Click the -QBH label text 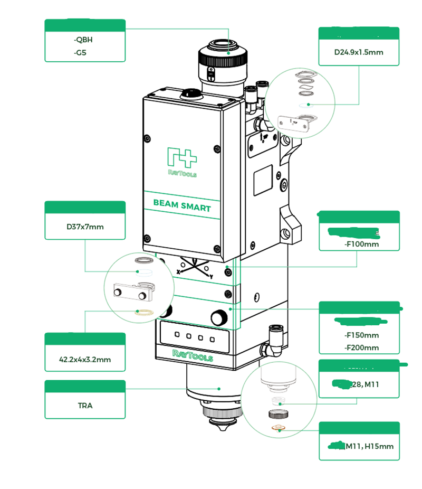[85, 39]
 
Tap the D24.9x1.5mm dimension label [359, 52]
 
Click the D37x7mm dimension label [85, 227]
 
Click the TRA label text [85, 406]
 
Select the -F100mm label [361, 244]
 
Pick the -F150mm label [361, 335]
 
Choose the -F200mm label [361, 347]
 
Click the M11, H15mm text [369, 446]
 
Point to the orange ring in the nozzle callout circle [279, 427]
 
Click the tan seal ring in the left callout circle [144, 312]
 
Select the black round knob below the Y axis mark [217, 317]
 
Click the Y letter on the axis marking [211, 276]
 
